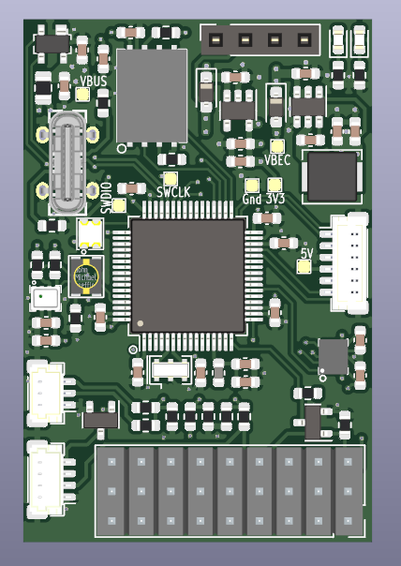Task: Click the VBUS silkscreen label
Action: pos(93,82)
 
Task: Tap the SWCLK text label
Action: pos(173,192)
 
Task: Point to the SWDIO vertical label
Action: pos(107,199)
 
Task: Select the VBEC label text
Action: pos(277,160)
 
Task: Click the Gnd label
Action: pos(252,199)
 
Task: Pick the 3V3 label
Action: pos(275,199)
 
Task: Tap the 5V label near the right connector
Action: pos(305,254)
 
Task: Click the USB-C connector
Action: pos(67,162)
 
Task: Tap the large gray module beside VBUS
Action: pos(151,96)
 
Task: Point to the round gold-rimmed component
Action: pos(86,276)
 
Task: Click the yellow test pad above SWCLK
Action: pos(170,178)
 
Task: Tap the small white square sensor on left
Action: pos(44,299)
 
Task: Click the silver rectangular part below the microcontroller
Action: pos(170,369)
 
